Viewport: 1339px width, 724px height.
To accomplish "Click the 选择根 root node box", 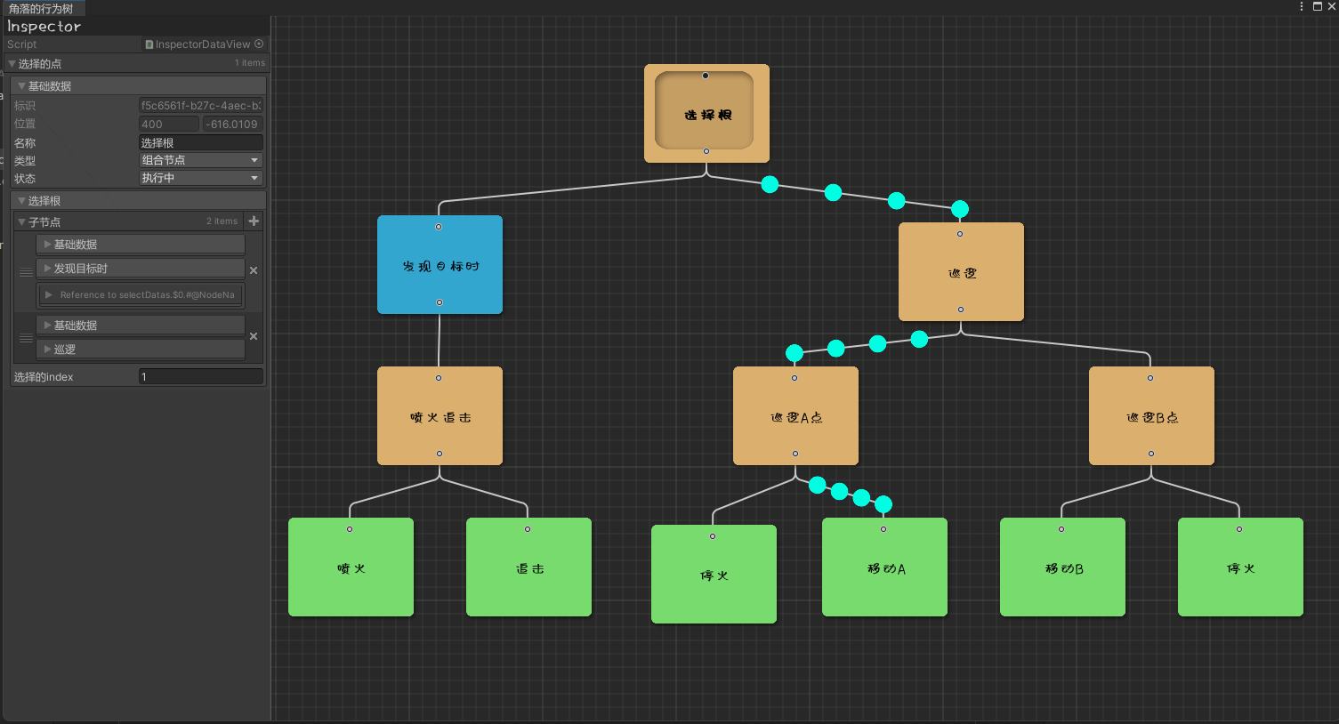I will tap(706, 113).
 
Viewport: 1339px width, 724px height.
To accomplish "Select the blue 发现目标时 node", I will tap(440, 265).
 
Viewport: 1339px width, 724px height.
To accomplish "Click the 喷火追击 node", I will tap(440, 416).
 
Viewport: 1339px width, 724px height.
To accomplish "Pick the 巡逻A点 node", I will tap(795, 416).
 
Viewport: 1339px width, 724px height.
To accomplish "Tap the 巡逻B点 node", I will tap(1151, 416).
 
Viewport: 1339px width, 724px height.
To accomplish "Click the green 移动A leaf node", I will tap(884, 567).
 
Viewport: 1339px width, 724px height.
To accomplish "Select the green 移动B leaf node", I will tap(1062, 567).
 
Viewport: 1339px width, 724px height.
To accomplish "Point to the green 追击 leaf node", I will tap(528, 567).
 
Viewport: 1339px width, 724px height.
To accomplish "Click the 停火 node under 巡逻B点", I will tap(1240, 567).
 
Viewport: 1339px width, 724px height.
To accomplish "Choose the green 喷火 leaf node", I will tap(351, 567).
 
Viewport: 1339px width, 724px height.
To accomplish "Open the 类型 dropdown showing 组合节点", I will tap(200, 160).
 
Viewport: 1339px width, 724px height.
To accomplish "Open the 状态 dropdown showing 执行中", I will tap(200, 178).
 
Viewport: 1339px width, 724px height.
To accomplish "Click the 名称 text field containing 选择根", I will tap(200, 142).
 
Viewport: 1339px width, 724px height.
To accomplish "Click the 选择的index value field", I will tap(200, 377).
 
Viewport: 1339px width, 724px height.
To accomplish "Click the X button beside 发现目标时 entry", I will tap(254, 270).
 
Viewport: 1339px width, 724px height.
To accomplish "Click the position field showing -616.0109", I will tap(231, 125).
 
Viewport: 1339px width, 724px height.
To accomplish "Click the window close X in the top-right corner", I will tap(1331, 6).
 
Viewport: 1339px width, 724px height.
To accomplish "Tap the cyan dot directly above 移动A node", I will tap(883, 505).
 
